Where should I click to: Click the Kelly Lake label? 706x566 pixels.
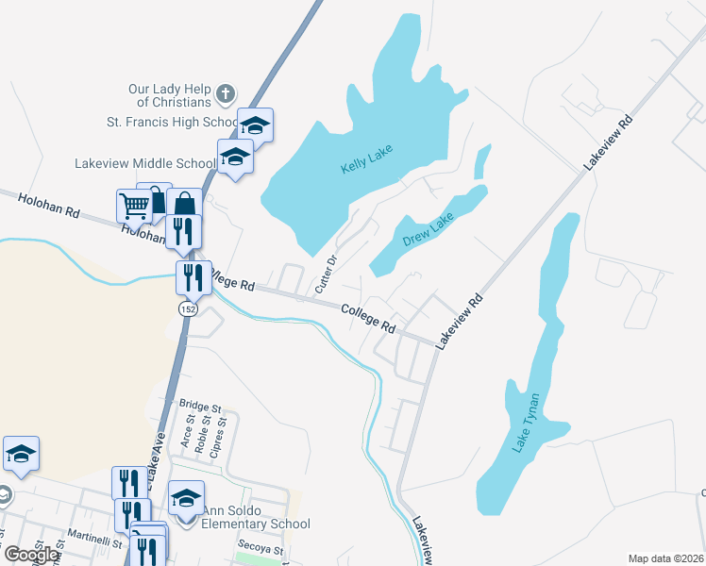click(366, 159)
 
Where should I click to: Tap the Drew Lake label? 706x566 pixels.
click(429, 228)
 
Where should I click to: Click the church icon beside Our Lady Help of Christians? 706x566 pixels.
click(225, 94)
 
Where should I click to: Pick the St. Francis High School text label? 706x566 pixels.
click(173, 123)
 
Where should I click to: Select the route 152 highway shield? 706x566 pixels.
click(187, 308)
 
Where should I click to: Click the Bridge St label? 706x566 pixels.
click(199, 408)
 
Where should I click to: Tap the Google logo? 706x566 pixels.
click(31, 555)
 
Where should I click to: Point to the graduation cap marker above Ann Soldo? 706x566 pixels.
click(186, 496)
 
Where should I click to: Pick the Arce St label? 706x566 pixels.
click(188, 434)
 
